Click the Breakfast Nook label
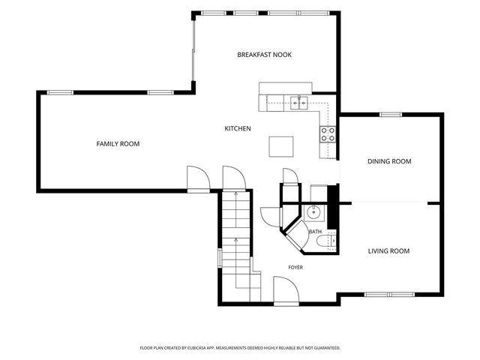tap(265, 55)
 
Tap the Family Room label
tap(118, 144)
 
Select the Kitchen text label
tap(238, 128)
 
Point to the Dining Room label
tap(389, 161)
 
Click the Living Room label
tap(388, 251)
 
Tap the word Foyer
tap(295, 268)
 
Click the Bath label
tap(315, 232)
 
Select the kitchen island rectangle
tap(281, 147)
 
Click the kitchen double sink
tap(299, 103)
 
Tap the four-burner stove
tap(328, 134)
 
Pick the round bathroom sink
tap(313, 211)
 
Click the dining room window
tap(391, 115)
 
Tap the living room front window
tap(389, 295)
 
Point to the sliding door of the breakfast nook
tap(193, 50)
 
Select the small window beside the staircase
tap(220, 258)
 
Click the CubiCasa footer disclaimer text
tap(240, 348)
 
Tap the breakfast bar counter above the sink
tap(285, 88)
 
